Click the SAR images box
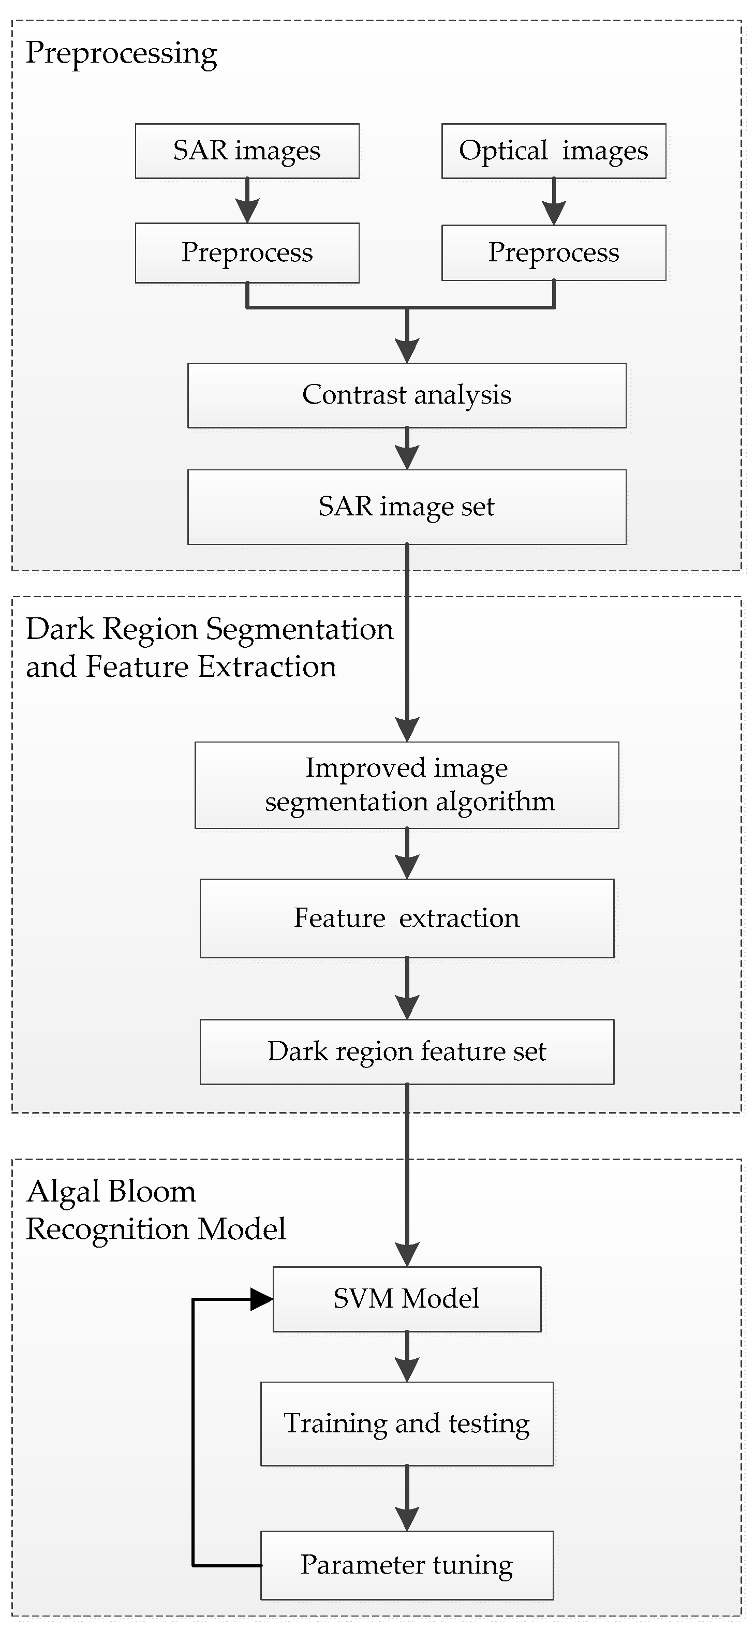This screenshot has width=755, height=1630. click(247, 151)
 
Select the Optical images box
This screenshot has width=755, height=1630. click(553, 151)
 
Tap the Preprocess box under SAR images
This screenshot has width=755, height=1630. click(247, 253)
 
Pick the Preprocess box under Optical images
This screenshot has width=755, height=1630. click(553, 253)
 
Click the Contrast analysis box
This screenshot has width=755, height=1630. click(406, 395)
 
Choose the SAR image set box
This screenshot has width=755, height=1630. click(406, 507)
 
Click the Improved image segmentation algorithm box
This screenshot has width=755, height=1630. click(406, 784)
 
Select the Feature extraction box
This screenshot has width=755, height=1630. click(406, 918)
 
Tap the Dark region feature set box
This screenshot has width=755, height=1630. click(406, 1051)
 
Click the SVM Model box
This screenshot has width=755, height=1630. click(406, 1299)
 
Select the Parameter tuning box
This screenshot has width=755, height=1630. click(406, 1565)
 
